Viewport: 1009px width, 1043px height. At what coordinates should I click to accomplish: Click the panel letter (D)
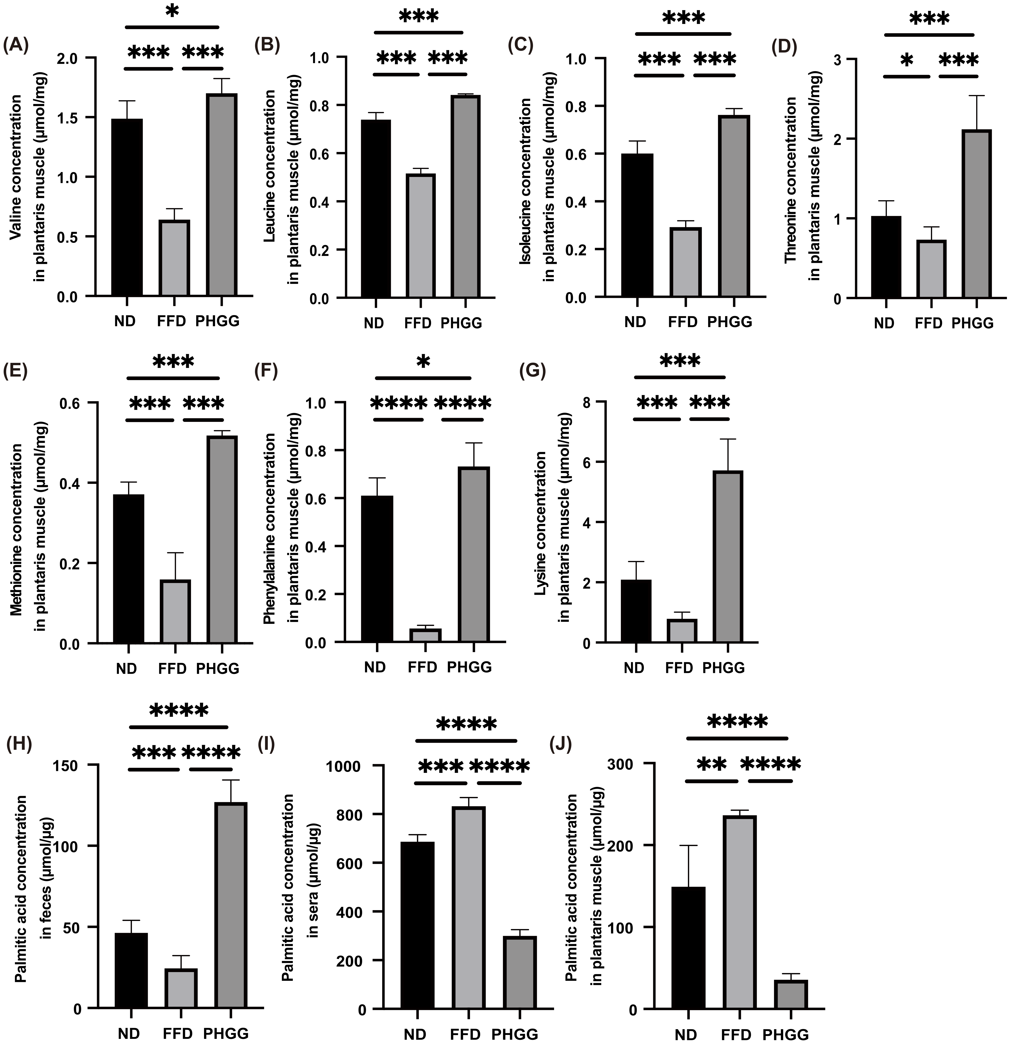tap(785, 48)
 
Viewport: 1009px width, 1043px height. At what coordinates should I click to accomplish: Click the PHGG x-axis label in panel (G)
tap(724, 667)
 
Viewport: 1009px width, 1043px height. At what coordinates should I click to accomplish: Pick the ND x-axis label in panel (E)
tap(127, 668)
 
